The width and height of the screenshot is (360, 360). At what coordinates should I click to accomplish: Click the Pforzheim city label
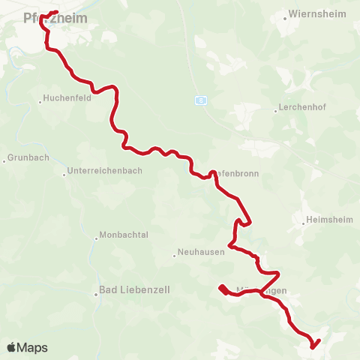55,17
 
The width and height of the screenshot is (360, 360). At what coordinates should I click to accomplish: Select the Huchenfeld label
67,98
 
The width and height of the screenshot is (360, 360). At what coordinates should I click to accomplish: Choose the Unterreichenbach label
104,171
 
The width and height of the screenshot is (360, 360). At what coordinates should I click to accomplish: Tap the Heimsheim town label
329,221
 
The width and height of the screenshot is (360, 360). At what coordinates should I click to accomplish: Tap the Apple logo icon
11,347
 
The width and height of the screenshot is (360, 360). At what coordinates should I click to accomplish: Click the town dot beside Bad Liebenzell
97,295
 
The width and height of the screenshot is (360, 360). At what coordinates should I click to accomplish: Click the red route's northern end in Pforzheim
58,11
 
